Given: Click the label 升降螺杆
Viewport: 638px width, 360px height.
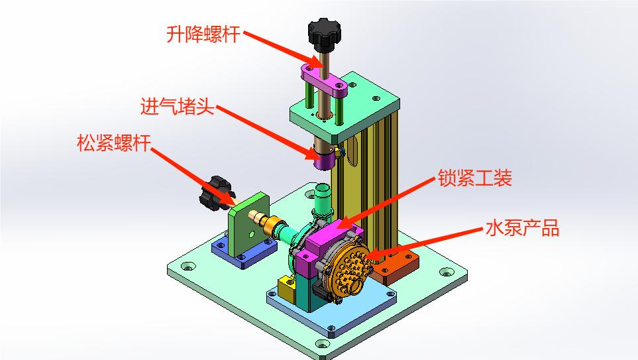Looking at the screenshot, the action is tap(203, 34).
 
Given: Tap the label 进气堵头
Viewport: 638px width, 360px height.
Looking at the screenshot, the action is tap(178, 107).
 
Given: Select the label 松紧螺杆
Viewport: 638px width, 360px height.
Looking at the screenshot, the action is tap(114, 143).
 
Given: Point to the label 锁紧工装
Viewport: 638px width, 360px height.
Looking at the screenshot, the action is tap(474, 178).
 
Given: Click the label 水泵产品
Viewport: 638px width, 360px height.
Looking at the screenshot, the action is tap(522, 228).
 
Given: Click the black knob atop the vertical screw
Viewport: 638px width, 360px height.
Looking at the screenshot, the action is tap(324, 32).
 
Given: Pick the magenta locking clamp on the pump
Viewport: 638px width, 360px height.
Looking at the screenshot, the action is tap(325, 245).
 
